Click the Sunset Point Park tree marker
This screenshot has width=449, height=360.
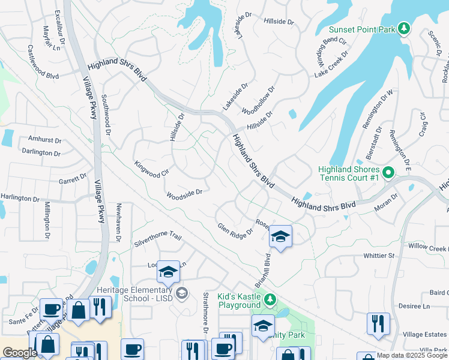tap(405, 28)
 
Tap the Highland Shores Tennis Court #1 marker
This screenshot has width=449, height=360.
tap(388, 174)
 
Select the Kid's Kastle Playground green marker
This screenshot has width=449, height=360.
tap(271, 299)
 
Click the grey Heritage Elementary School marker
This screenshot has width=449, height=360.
tap(182, 293)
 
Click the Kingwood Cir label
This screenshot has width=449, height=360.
tap(148, 169)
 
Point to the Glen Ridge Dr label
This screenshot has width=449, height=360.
tap(235, 231)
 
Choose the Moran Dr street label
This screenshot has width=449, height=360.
tap(386, 202)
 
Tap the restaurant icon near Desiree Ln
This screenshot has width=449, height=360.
tap(378, 323)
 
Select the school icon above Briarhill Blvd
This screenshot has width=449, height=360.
tap(280, 236)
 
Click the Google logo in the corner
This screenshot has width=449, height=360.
tap(19, 353)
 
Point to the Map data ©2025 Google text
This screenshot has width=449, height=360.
tap(412, 355)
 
